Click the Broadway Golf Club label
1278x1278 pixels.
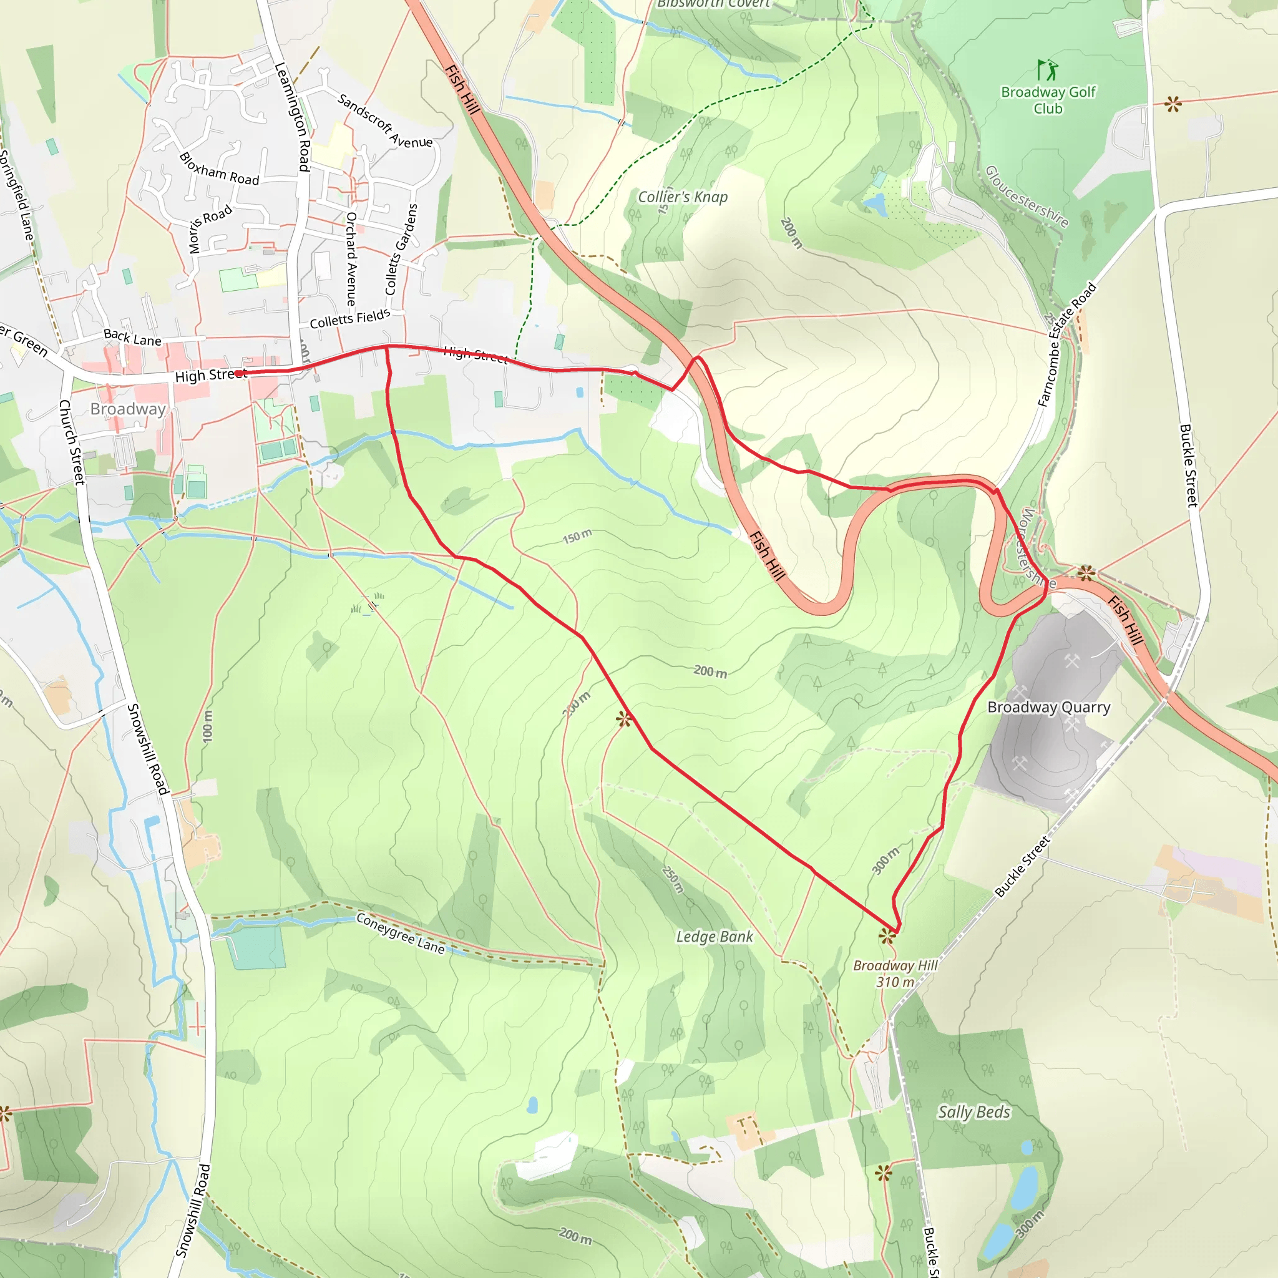pos(1048,100)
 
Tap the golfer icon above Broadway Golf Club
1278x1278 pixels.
pos(1047,69)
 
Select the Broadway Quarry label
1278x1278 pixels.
pos(1048,707)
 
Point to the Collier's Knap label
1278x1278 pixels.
pos(682,197)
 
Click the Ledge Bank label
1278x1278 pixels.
pos(715,937)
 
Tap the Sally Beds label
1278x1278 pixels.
pos(973,1112)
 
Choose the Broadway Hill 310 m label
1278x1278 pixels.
pos(895,973)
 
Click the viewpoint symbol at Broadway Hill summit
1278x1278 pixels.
pos(887,935)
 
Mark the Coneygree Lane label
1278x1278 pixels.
pos(400,933)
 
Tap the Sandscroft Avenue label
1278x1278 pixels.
pos(385,121)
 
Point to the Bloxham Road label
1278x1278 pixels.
pos(219,169)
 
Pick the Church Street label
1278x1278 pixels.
pos(72,442)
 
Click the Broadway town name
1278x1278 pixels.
pos(128,409)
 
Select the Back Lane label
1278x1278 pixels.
pos(132,338)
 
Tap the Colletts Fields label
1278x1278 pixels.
pos(350,319)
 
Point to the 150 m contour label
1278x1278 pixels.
pos(577,537)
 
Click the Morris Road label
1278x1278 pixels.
pos(210,229)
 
